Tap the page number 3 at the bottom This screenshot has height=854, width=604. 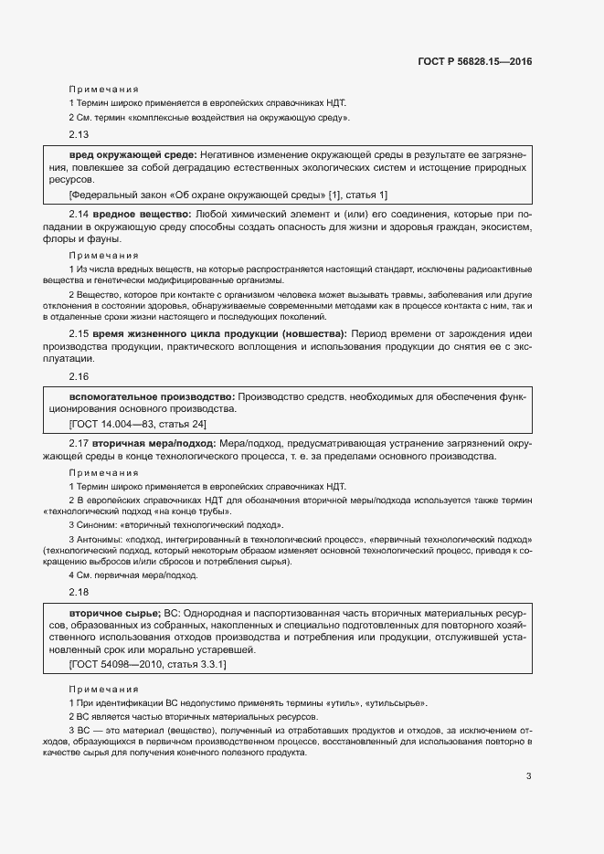(x=529, y=776)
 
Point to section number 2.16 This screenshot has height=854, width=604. (x=79, y=375)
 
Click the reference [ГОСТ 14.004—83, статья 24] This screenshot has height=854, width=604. (x=138, y=424)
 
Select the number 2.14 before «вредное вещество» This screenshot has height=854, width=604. (x=79, y=213)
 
